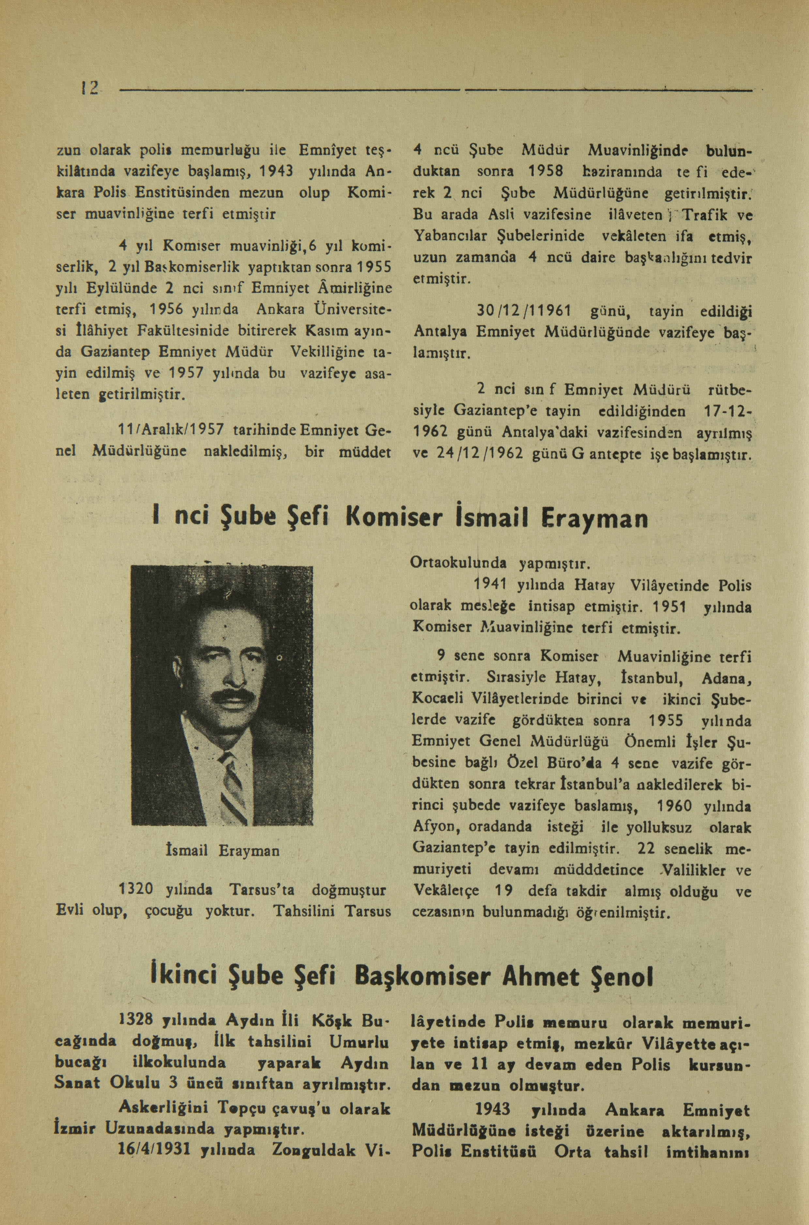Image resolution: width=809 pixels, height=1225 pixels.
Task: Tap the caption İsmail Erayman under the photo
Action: (x=222, y=850)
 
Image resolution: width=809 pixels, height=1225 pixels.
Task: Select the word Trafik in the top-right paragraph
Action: (x=702, y=214)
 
